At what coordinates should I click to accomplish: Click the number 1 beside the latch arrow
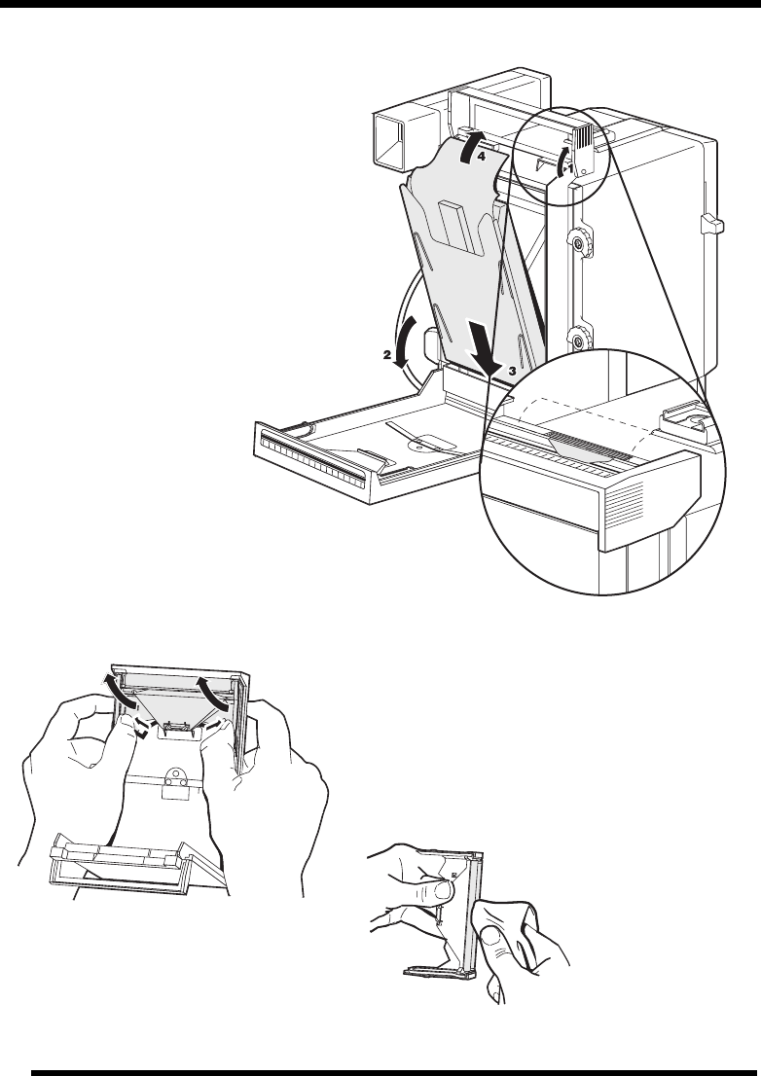(569, 167)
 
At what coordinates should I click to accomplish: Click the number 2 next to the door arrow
(387, 355)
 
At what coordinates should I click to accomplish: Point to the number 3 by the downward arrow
(512, 371)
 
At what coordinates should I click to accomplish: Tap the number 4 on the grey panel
(482, 157)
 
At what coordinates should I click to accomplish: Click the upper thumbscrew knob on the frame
(578, 242)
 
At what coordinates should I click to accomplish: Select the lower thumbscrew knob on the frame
(578, 340)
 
